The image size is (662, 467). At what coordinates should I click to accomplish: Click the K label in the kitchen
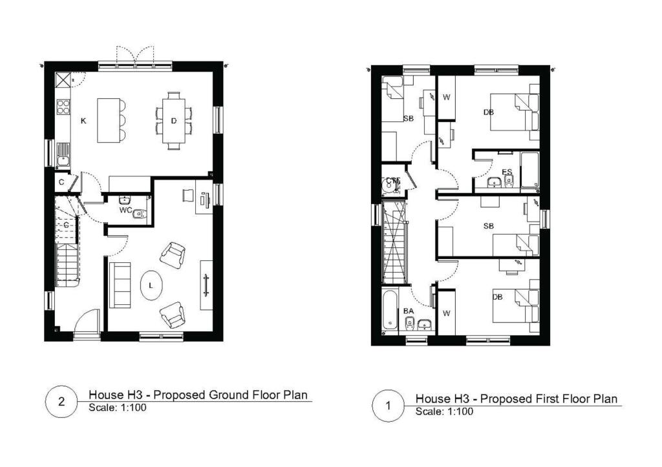point(83,121)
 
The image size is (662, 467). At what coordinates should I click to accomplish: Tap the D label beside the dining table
point(174,121)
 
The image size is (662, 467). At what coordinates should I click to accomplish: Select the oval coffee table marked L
point(151,285)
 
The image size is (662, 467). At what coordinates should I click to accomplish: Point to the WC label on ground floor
point(125,210)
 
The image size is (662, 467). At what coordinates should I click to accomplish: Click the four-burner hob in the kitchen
point(63,107)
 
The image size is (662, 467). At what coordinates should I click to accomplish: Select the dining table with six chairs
point(174,121)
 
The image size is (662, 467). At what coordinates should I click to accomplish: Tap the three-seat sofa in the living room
point(119,285)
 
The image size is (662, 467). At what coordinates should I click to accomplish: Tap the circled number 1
point(389,406)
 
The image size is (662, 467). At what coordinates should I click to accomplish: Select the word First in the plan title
point(554,399)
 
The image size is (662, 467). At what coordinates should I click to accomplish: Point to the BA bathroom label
point(408,311)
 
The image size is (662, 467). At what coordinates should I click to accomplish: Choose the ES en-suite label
point(507,172)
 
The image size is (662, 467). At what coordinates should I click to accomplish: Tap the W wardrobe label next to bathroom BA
point(446,313)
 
